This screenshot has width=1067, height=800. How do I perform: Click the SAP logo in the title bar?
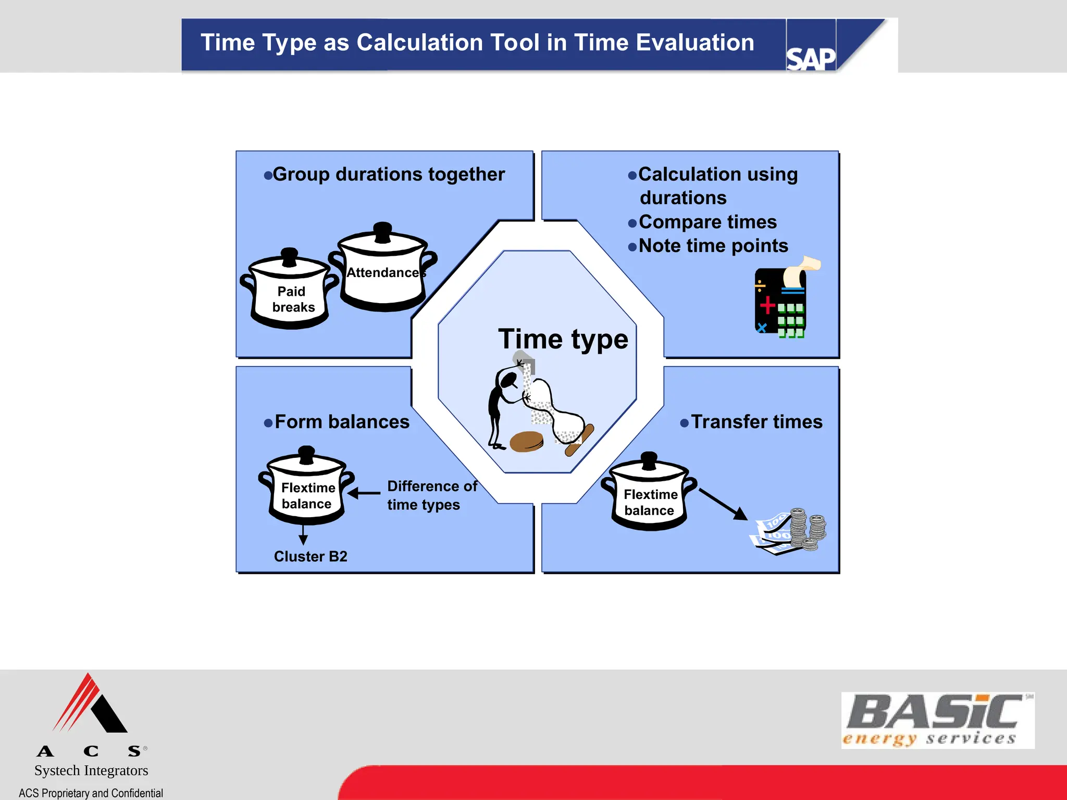tap(810, 58)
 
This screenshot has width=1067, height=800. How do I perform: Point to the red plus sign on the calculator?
tap(767, 305)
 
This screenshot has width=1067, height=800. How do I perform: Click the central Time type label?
tap(563, 339)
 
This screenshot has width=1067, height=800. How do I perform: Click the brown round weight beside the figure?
tap(526, 442)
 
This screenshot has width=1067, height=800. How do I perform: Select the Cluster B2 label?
tap(311, 556)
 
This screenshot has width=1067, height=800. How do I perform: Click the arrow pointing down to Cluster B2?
tap(303, 535)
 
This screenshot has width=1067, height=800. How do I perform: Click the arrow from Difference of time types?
tap(364, 493)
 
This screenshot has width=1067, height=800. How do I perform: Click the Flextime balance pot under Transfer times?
tap(649, 495)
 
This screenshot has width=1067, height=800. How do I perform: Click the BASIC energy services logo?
tap(937, 720)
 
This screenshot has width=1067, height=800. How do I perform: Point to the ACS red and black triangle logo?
tap(91, 705)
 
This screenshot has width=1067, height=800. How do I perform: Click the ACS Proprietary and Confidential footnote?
tap(91, 793)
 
